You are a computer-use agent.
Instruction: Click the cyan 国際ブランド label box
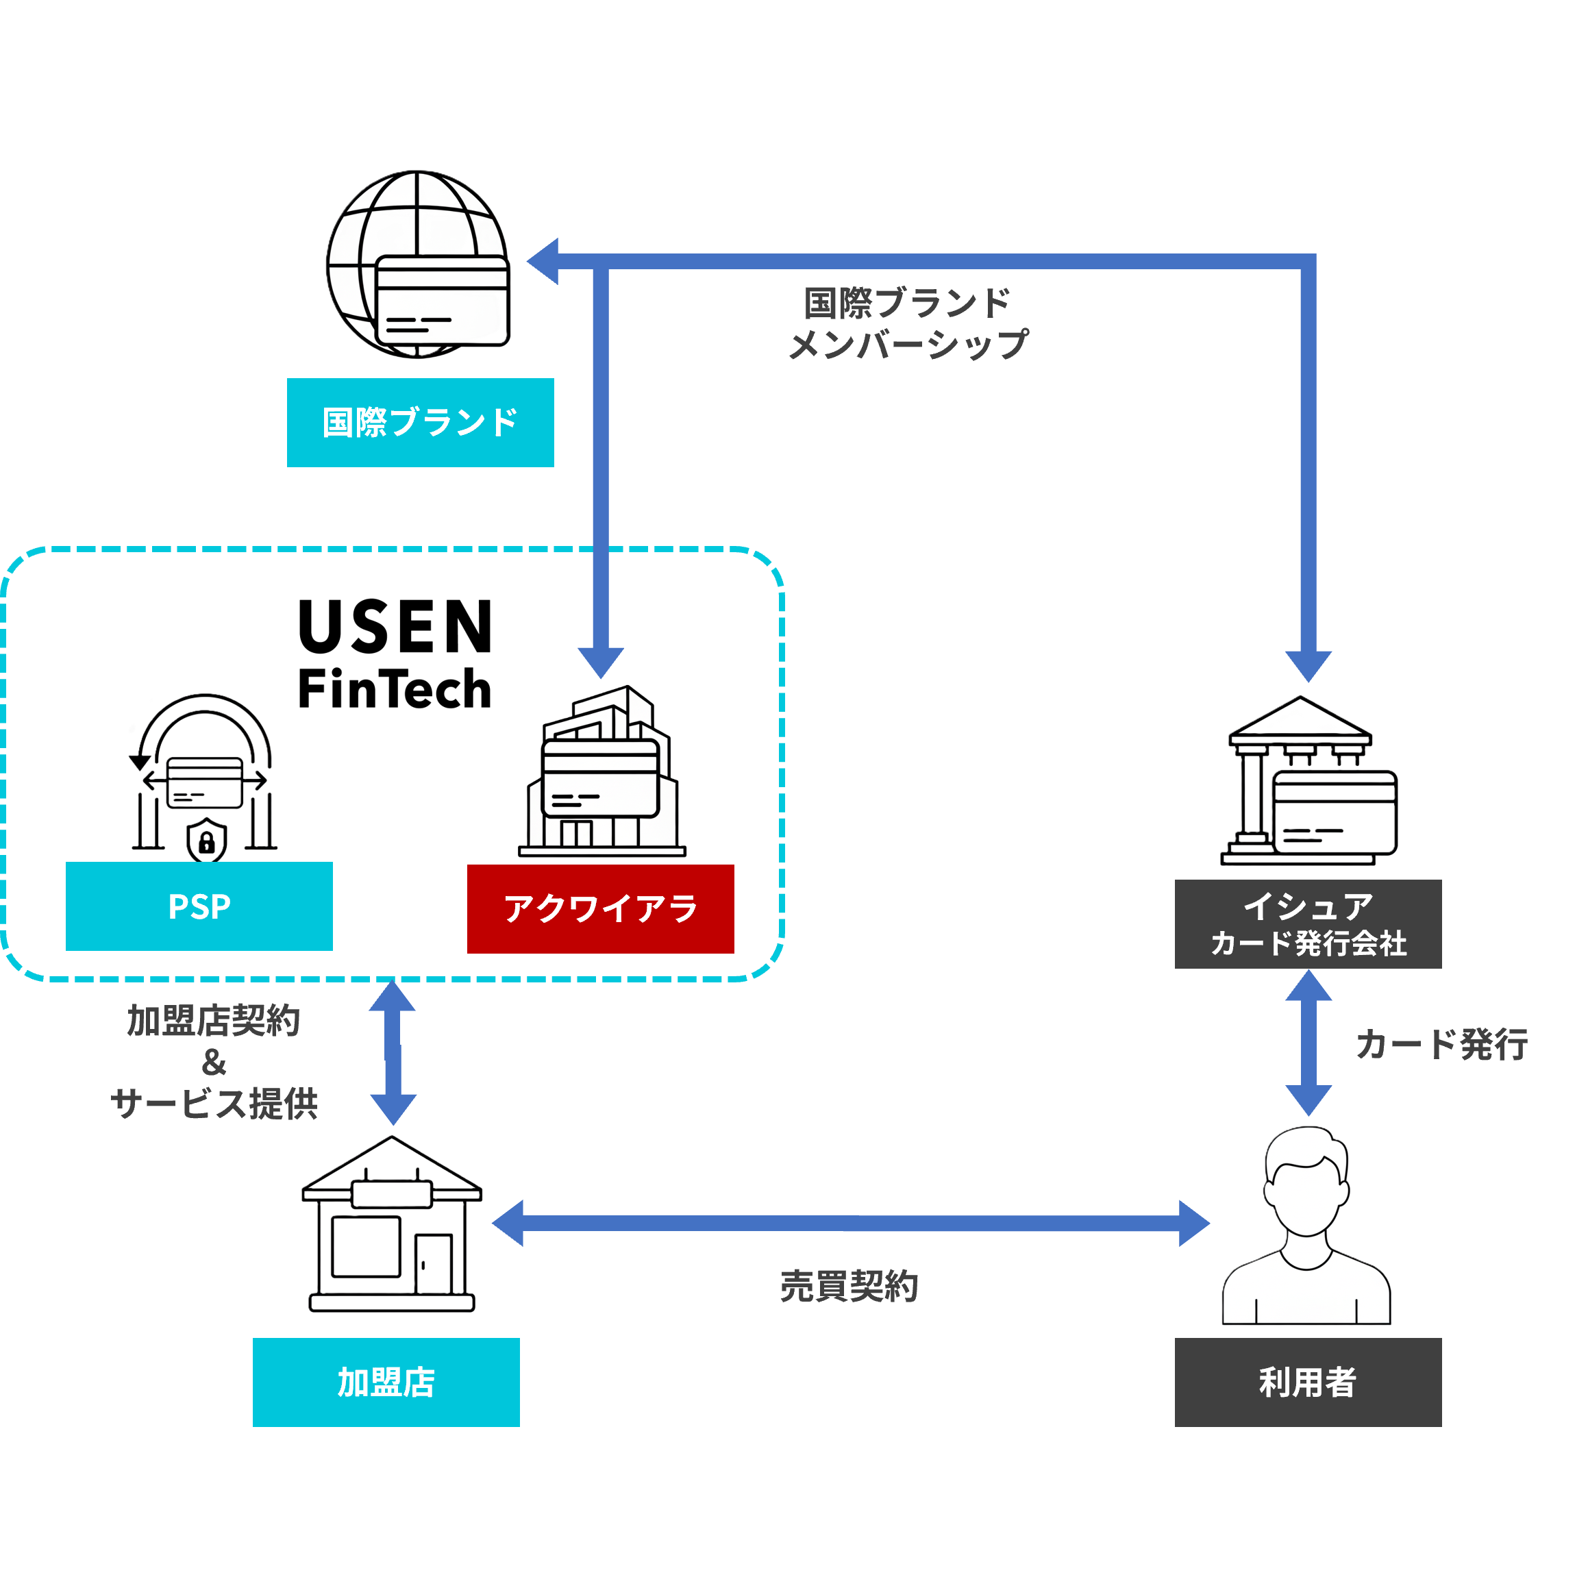420,423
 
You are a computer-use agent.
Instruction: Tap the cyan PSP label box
199,906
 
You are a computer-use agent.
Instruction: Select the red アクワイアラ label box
600,908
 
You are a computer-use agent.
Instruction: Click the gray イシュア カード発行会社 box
1308,924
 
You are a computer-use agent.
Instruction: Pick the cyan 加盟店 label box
386,1382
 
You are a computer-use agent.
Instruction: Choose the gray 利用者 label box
1308,1382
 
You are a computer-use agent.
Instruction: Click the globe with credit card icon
419,264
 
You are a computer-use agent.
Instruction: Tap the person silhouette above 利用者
1307,1229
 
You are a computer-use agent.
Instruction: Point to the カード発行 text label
1441,1045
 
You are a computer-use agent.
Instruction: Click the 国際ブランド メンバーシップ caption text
908,324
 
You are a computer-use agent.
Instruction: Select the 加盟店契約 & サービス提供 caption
214,1062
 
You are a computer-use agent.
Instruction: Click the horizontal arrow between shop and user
850,1223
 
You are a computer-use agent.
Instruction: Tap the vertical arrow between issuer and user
1308,1043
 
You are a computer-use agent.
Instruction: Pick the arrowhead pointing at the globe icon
544,262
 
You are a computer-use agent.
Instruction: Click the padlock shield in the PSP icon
207,841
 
